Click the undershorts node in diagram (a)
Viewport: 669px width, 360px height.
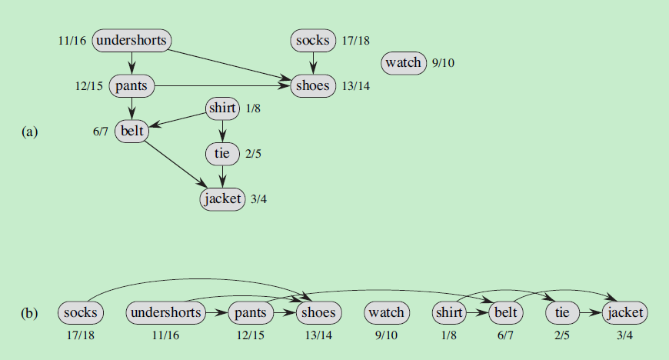(x=131, y=40)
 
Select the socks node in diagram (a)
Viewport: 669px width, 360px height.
(x=311, y=40)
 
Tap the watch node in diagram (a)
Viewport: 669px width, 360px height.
(x=404, y=62)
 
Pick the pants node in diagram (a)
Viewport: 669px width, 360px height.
(x=132, y=85)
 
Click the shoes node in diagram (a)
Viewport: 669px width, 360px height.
(x=312, y=85)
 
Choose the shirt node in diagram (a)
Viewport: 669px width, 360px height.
(x=223, y=108)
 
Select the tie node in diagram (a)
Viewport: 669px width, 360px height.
(x=223, y=154)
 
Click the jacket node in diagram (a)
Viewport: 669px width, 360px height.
(x=222, y=199)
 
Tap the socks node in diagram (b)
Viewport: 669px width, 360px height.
(x=81, y=312)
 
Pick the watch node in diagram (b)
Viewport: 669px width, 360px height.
(x=386, y=312)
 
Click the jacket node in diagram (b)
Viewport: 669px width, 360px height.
(x=625, y=312)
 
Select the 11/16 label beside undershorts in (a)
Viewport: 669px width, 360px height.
(x=72, y=41)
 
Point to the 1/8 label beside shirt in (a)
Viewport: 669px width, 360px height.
(x=254, y=109)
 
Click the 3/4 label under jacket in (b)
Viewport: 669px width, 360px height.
(x=625, y=335)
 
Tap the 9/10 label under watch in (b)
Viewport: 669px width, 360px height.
(x=386, y=335)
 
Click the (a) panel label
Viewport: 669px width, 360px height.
(x=28, y=132)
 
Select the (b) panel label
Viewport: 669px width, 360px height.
(x=28, y=313)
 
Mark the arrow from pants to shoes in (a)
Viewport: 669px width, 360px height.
(x=223, y=85)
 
